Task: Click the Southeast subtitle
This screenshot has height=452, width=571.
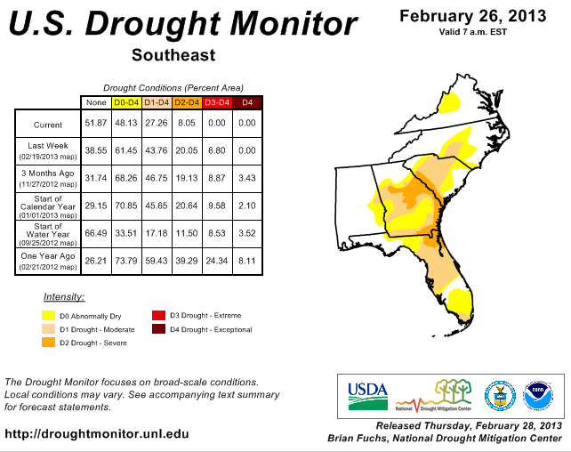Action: click(x=173, y=55)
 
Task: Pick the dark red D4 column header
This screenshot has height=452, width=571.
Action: click(x=247, y=102)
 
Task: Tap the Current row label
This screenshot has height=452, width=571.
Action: click(x=48, y=125)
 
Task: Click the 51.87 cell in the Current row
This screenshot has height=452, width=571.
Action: click(x=96, y=124)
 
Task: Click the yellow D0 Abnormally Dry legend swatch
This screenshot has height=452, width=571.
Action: click(x=51, y=316)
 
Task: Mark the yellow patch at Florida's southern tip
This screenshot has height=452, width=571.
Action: click(x=461, y=304)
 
